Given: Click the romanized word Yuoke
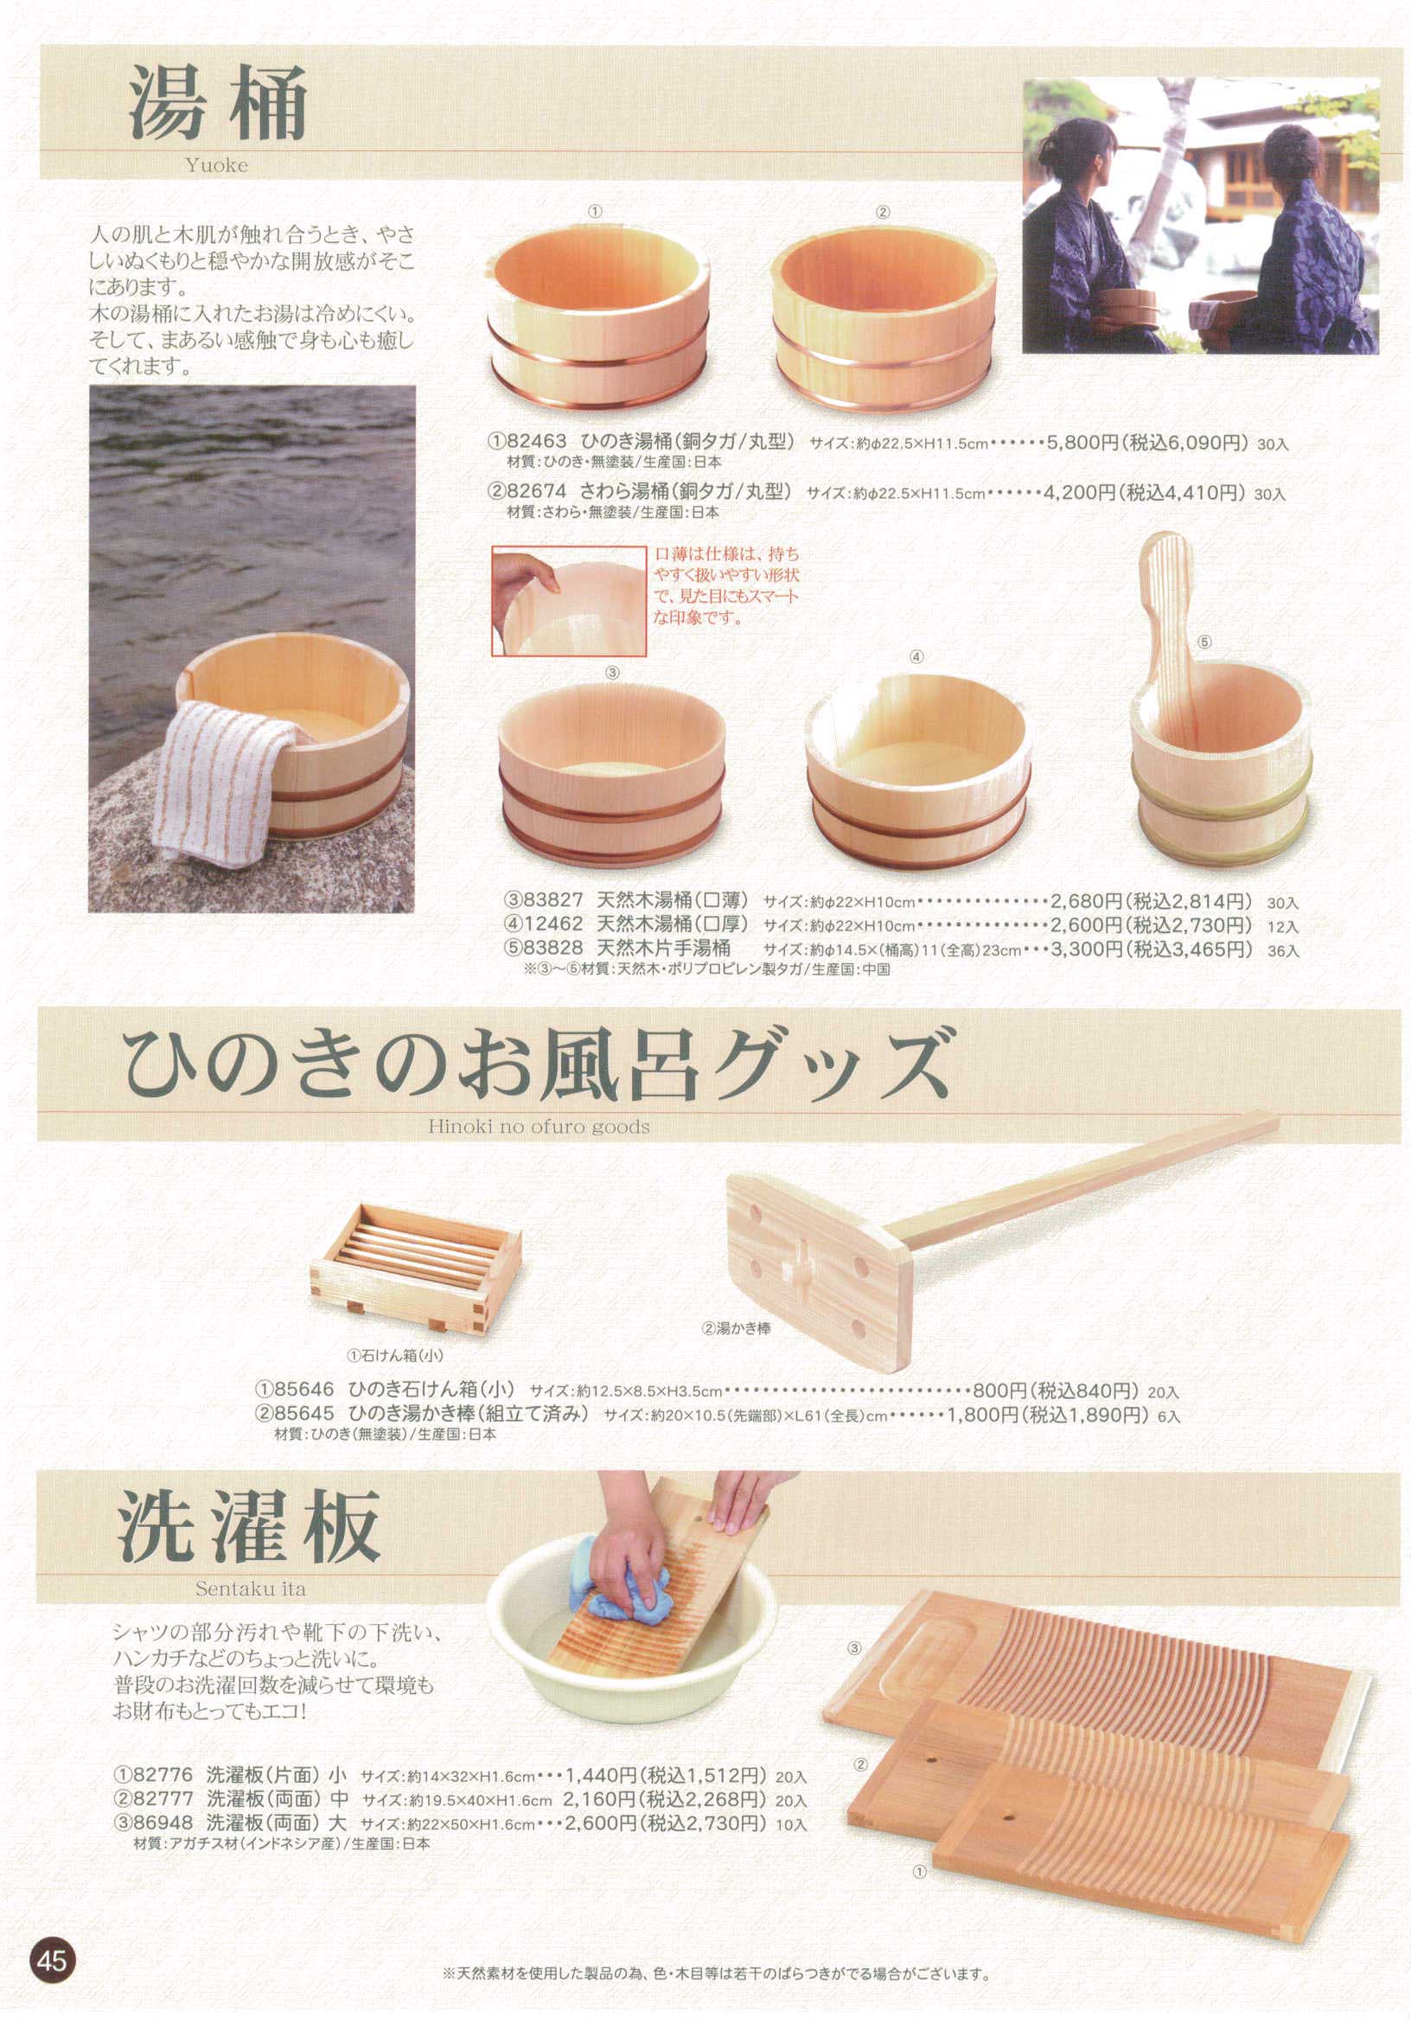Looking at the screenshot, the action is click(216, 164).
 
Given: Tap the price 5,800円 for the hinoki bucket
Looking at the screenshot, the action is click(1080, 442).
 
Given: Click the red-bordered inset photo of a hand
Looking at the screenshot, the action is click(568, 600).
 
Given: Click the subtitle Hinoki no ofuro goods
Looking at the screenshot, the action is click(539, 1126).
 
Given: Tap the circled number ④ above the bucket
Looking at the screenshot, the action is click(916, 656).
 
